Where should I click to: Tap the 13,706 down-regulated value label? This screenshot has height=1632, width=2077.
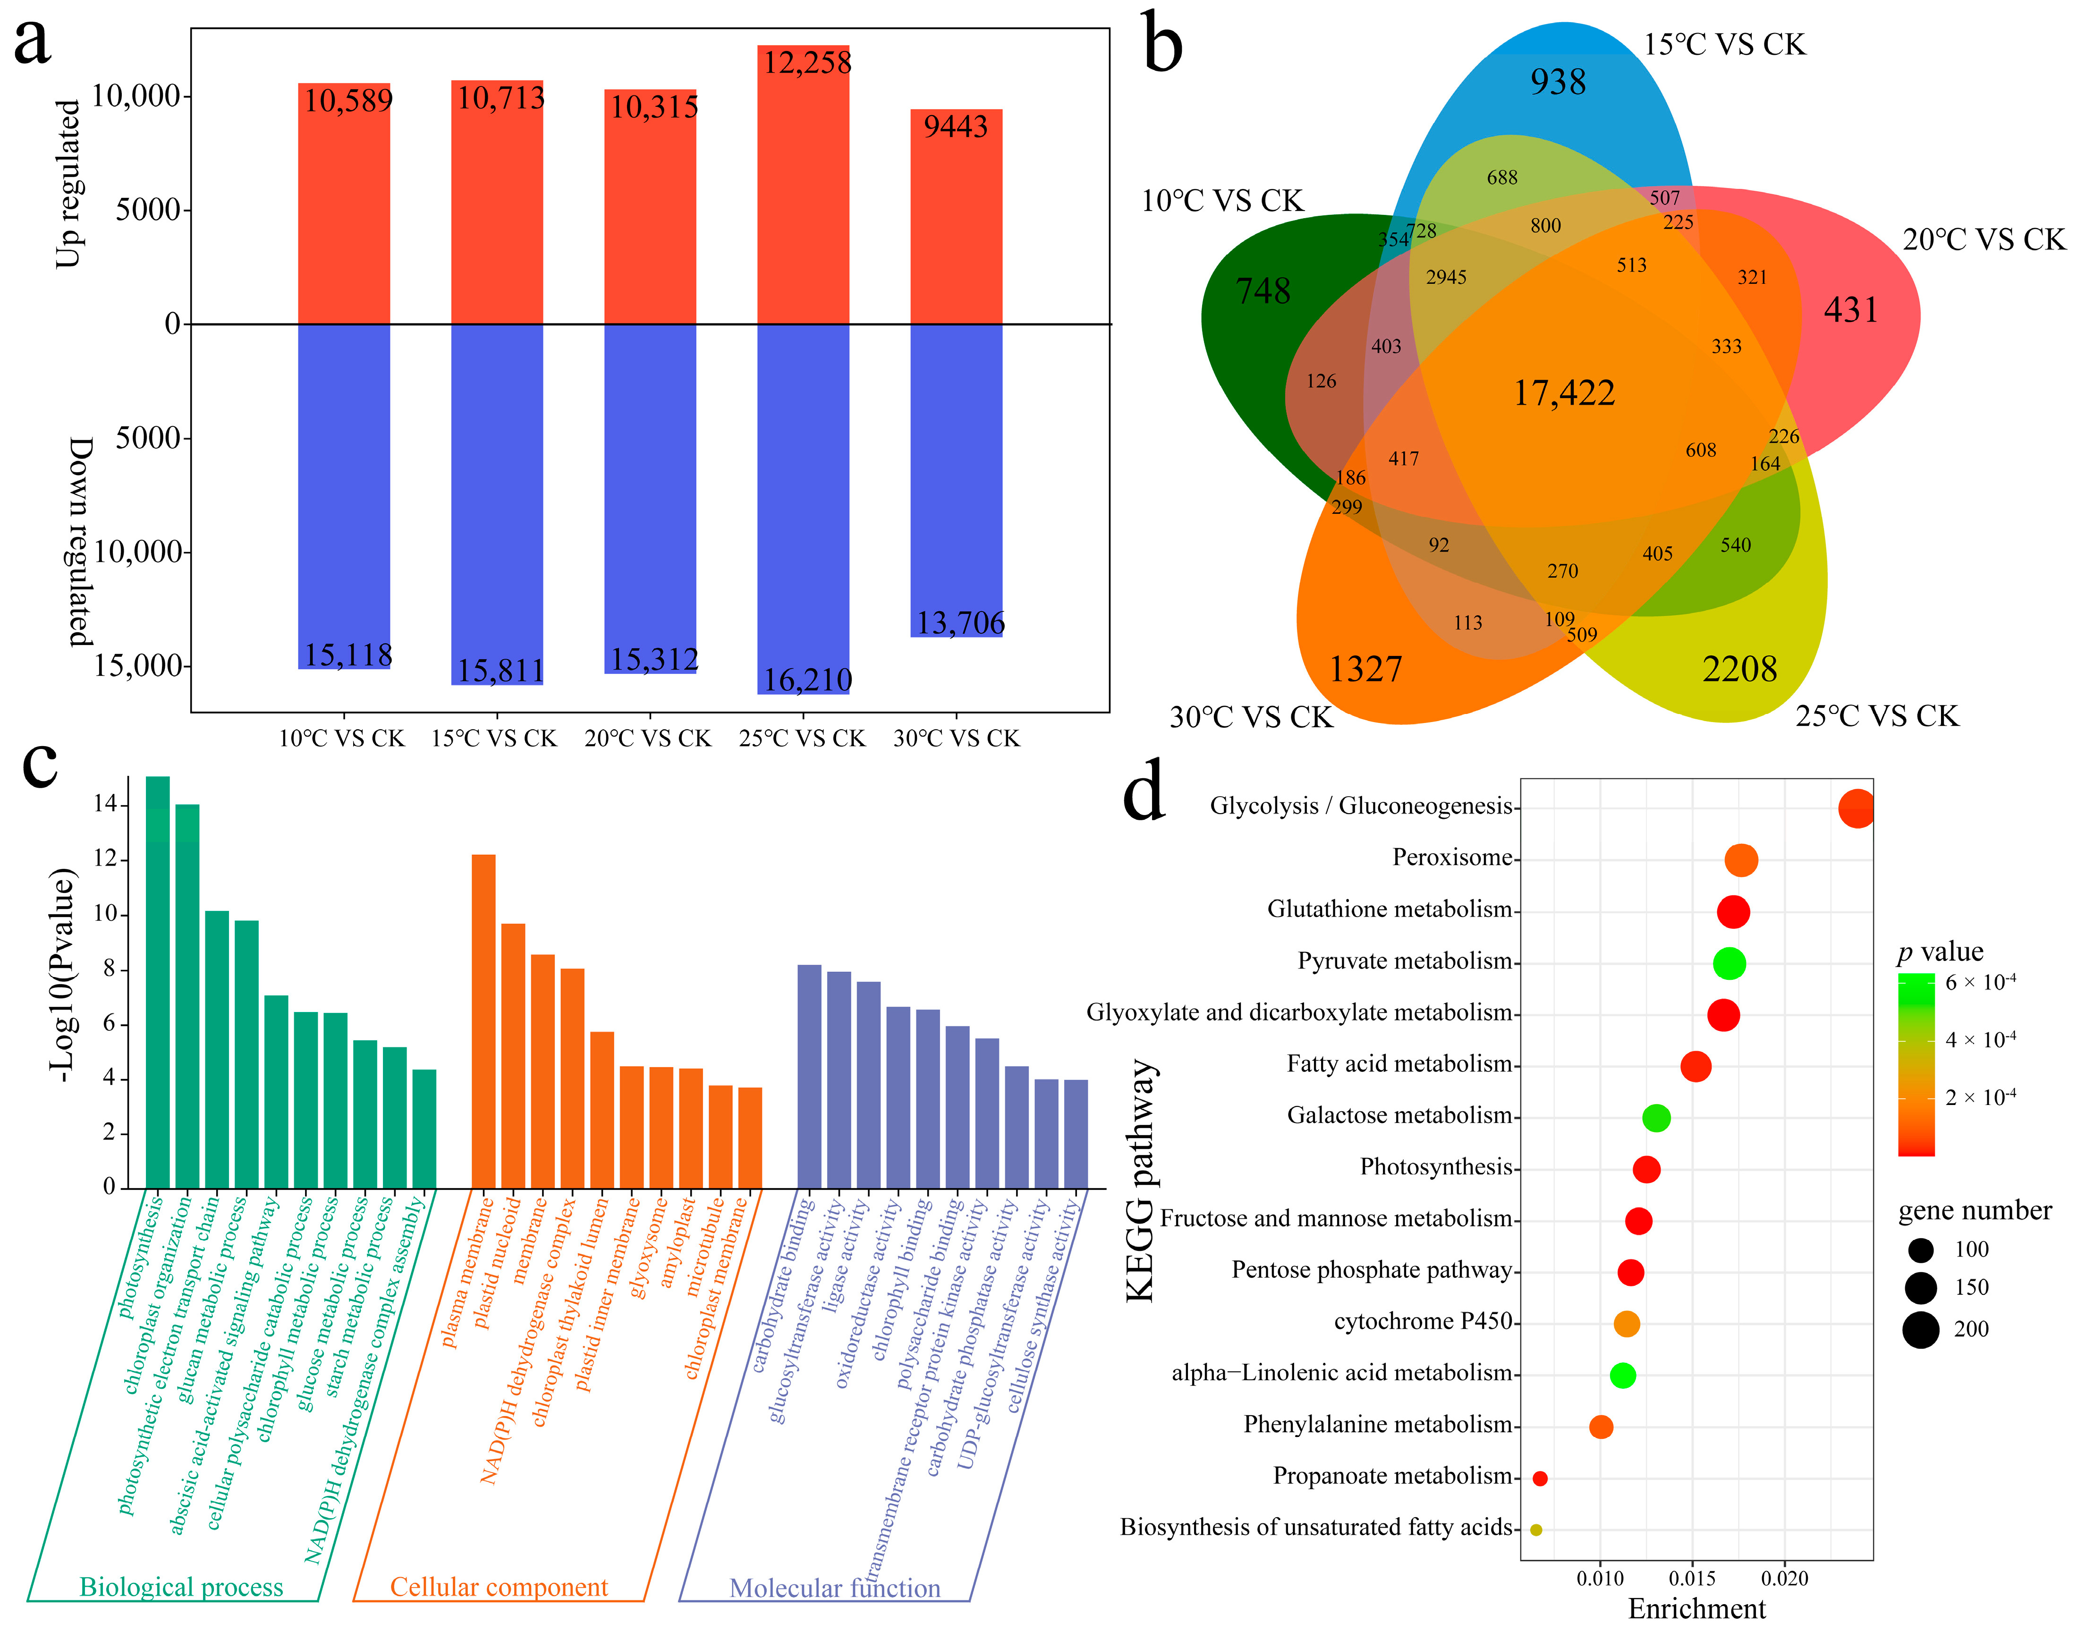click(960, 623)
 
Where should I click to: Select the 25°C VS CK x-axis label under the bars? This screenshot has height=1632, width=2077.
click(802, 739)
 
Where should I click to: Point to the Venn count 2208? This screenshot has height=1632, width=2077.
click(1739, 669)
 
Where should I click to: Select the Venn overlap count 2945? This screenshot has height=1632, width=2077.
click(1445, 277)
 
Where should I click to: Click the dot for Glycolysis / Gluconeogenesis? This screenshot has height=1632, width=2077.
click(1856, 808)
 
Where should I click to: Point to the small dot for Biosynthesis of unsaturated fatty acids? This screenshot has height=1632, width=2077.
click(1535, 1530)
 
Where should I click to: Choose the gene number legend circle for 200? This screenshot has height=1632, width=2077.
click(1919, 1329)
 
